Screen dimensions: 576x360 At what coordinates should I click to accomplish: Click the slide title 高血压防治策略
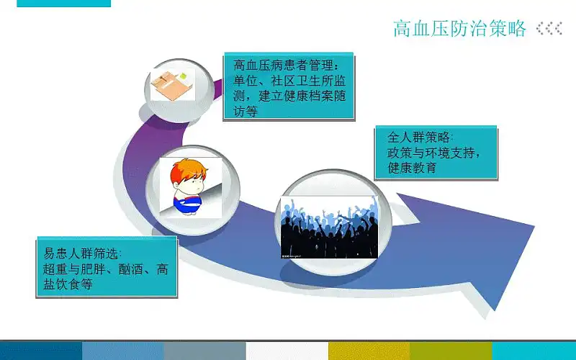tap(459, 29)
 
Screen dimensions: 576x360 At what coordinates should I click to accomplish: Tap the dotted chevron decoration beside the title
tap(549, 28)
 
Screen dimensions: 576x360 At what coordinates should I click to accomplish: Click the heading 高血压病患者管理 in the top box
tap(283, 66)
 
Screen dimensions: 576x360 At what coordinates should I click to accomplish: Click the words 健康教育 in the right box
tap(412, 168)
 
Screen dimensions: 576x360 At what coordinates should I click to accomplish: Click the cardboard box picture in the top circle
tap(173, 85)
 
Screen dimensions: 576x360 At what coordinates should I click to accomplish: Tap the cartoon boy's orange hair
tap(188, 170)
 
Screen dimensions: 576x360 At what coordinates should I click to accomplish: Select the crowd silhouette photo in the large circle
tap(330, 228)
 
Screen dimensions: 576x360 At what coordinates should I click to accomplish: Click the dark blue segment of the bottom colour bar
tap(41, 351)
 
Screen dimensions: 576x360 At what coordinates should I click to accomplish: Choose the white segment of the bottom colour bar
tap(287, 351)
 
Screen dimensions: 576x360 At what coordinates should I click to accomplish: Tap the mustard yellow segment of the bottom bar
tap(369, 351)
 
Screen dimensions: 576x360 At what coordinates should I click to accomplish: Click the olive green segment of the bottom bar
tap(451, 351)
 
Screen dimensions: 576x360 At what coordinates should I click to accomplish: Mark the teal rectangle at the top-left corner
tap(63, 4)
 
